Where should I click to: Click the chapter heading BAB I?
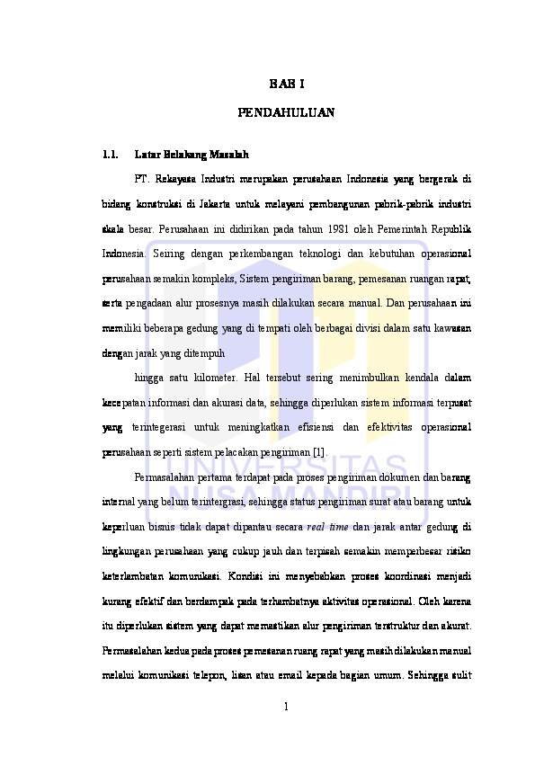286,85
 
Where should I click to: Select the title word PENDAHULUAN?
286,113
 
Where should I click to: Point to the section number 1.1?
111,154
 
